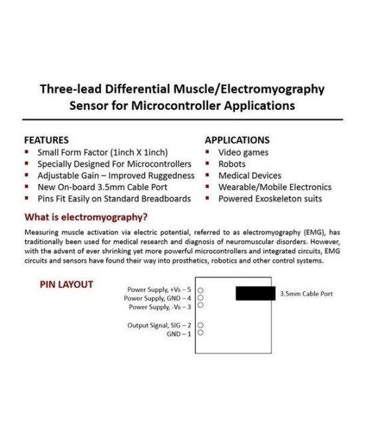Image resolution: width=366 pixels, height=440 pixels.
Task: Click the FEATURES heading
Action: (47, 140)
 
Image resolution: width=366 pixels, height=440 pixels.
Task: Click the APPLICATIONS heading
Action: (237, 140)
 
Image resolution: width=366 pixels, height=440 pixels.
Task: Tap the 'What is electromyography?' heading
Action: (86, 217)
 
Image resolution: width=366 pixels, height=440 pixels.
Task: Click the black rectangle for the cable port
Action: (256, 293)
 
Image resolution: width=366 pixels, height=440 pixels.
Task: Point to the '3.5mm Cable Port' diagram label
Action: (306, 293)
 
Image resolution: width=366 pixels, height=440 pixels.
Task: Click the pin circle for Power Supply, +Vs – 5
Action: (200, 291)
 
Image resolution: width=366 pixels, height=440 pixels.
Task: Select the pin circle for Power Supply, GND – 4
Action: (200, 299)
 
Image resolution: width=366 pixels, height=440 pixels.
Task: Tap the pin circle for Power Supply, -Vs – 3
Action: (200, 307)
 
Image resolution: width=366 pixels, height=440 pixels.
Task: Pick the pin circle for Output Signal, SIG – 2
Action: (200, 325)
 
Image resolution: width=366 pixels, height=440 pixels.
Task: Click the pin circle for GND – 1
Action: (200, 333)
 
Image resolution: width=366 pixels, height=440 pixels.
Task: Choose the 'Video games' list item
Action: (244, 152)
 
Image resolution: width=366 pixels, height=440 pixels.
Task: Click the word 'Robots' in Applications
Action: (232, 163)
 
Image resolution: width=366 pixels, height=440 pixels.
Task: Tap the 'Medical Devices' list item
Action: (250, 175)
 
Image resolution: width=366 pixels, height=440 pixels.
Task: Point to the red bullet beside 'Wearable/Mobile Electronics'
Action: (207, 187)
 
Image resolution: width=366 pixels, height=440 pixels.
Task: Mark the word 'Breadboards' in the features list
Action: (165, 199)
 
